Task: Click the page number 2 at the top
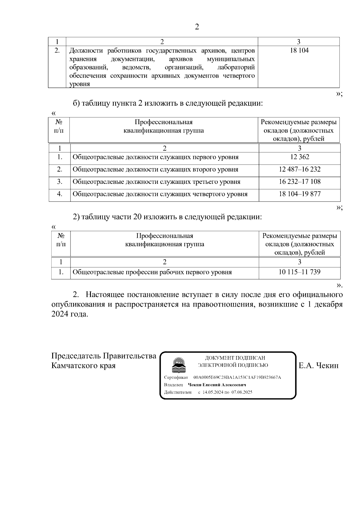pos(197,27)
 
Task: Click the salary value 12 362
pos(299,157)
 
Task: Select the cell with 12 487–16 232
pos(299,169)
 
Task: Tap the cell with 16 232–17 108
pos(299,181)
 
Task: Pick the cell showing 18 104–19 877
pos(299,194)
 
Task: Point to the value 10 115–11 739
pos(299,272)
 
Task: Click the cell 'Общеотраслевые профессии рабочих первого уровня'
pos(152,272)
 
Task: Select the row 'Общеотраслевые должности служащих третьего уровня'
pos(156,182)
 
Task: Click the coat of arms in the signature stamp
pos(178,364)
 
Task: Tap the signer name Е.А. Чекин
pos(318,365)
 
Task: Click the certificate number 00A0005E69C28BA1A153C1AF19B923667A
pos(237,377)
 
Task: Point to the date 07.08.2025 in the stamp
pos(241,392)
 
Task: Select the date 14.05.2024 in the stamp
pos(213,392)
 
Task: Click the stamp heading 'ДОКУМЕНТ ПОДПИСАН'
pos(235,358)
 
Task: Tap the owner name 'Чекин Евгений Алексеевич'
pos(217,385)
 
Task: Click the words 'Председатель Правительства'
pos(104,356)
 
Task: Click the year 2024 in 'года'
pos(60,314)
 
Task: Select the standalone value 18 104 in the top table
pos(299,50)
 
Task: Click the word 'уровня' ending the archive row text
pos(79,84)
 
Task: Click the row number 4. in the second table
pos(59,194)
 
